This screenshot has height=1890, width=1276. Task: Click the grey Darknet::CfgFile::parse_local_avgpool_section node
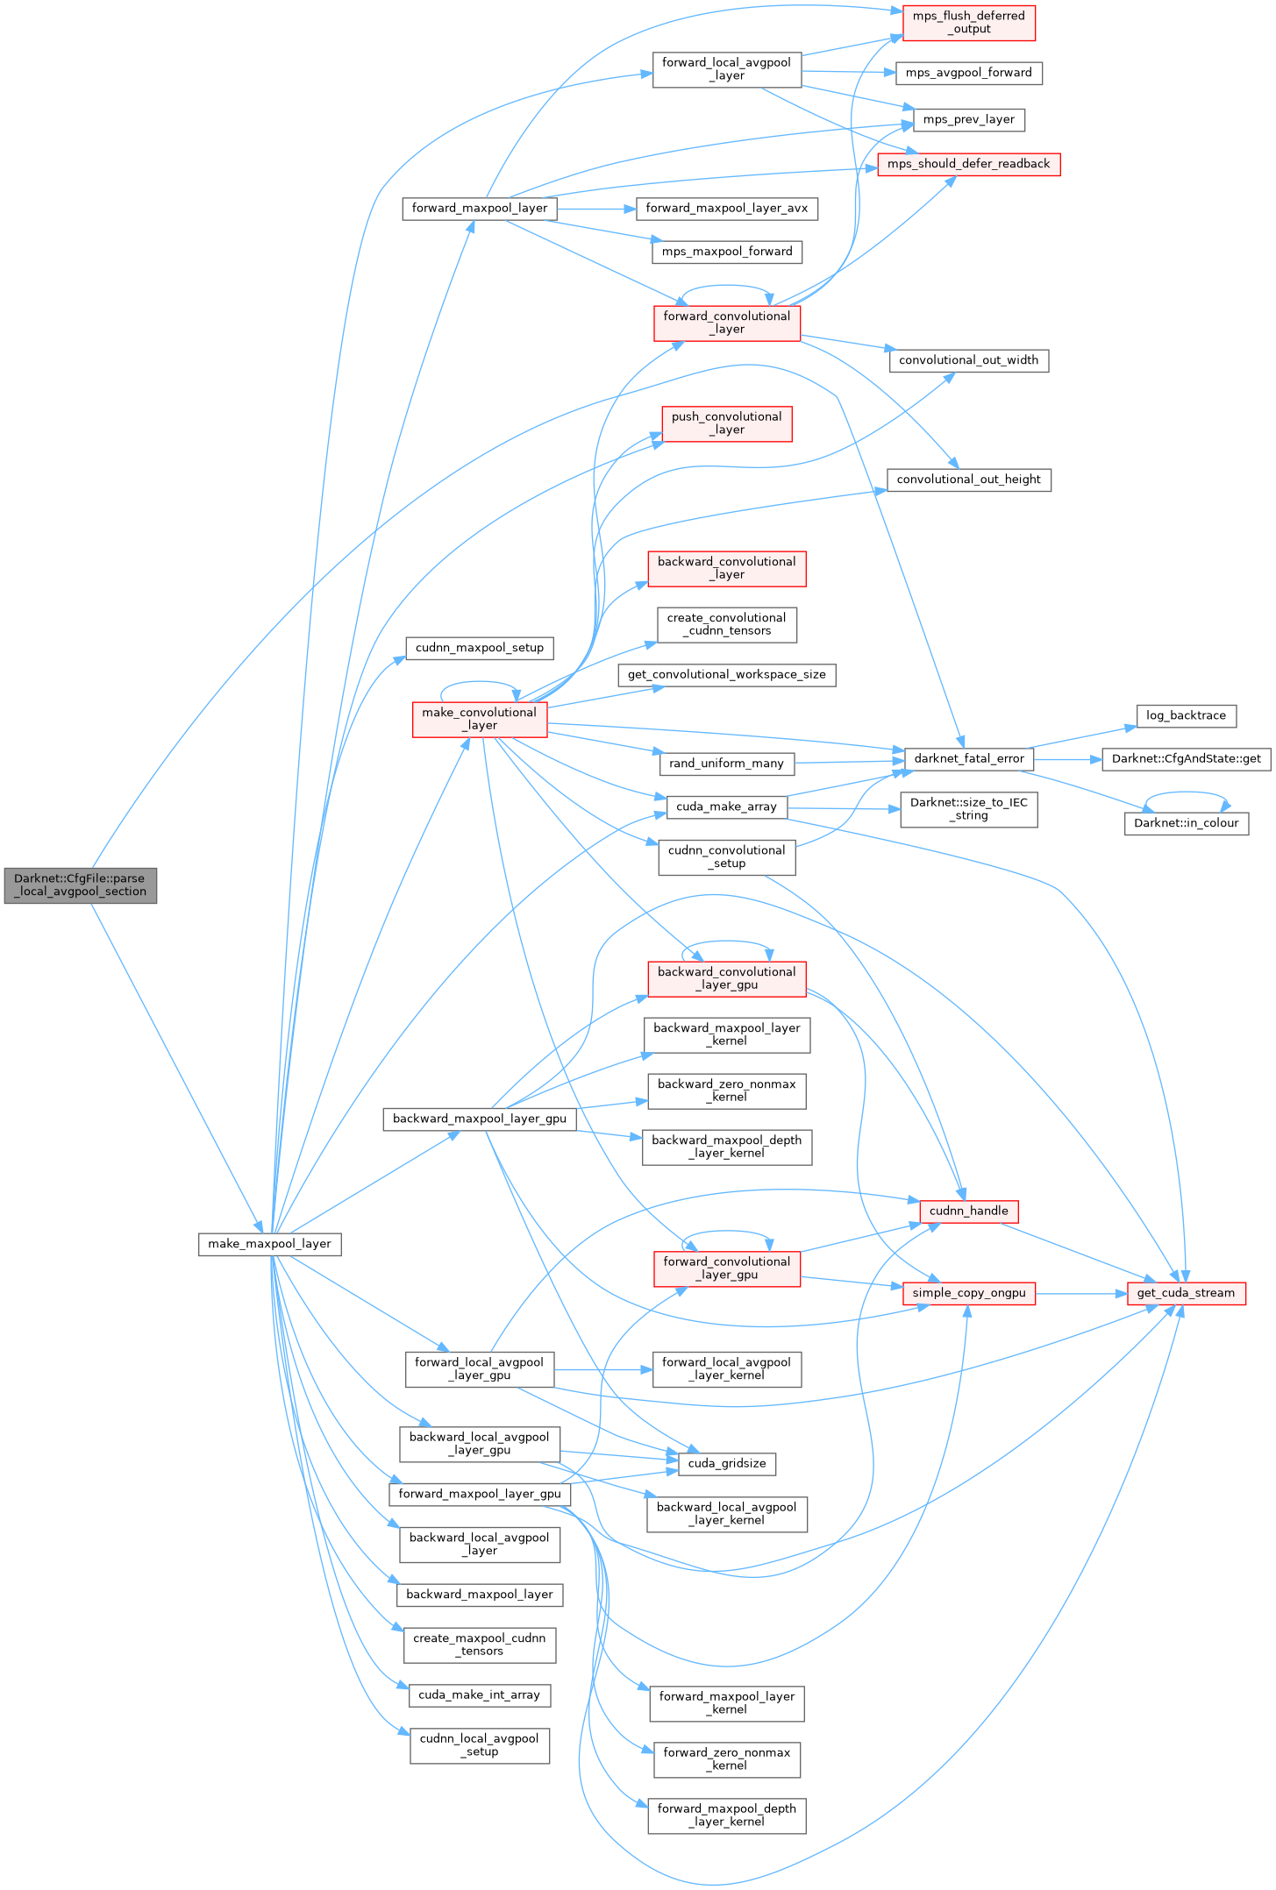click(x=80, y=885)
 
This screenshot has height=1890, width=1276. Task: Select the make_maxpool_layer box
click(x=269, y=1244)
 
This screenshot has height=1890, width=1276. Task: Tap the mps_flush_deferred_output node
click(x=968, y=23)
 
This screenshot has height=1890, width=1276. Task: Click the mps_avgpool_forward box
click(x=968, y=73)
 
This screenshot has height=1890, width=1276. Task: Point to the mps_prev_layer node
click(x=968, y=119)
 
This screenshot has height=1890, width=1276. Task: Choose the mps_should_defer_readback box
click(x=968, y=164)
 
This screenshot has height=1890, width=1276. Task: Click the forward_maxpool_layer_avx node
click(x=726, y=209)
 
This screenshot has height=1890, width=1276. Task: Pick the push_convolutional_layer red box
click(x=726, y=423)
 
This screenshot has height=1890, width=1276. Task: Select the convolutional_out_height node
click(x=968, y=480)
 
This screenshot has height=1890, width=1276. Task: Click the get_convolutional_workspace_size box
click(x=726, y=675)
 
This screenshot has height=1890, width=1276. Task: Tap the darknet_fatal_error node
click(x=968, y=758)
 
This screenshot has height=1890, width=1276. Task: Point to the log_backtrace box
click(x=1186, y=715)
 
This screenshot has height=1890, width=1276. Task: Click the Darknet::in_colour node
click(x=1186, y=823)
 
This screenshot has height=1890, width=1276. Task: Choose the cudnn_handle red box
click(x=968, y=1211)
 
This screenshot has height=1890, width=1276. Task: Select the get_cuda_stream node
click(x=1186, y=1293)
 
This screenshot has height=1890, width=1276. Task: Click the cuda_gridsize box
click(x=726, y=1463)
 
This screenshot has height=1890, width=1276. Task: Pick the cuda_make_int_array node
click(x=479, y=1695)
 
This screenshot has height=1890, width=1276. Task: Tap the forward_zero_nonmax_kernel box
click(x=726, y=1759)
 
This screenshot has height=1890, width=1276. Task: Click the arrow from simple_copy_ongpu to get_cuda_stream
click(x=1080, y=1293)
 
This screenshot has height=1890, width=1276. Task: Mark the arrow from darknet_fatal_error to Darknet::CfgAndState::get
click(x=1066, y=759)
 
